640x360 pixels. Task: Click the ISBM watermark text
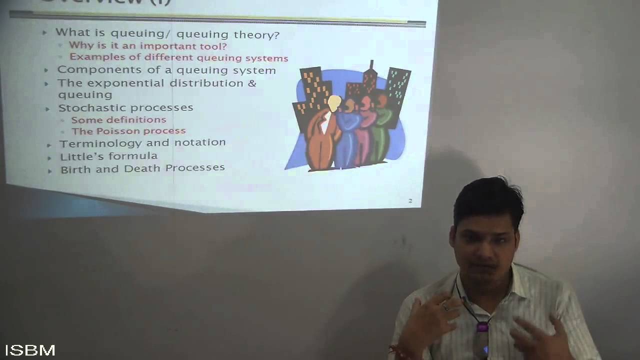coord(30,350)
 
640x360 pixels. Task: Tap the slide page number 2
coord(410,201)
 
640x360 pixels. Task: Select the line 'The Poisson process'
coord(128,131)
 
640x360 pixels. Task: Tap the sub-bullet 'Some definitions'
coord(118,120)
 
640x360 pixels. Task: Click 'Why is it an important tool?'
coord(147,46)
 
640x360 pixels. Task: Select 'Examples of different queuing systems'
coord(178,58)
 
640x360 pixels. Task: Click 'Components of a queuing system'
coord(166,70)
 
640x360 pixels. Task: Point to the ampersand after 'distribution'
coord(252,83)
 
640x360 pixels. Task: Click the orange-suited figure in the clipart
coord(320,140)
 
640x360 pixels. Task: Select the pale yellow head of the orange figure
coord(334,103)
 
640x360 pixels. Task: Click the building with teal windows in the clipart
coord(398,90)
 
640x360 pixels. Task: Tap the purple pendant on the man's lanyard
coord(482,327)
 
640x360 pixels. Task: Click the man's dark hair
coord(487,197)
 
